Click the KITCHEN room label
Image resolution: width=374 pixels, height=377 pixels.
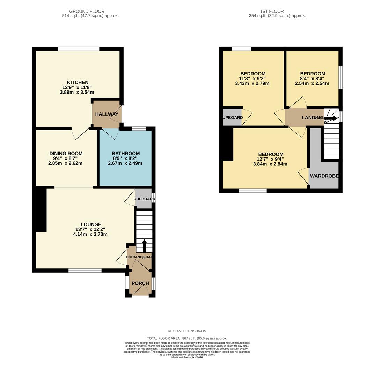(x=78, y=82)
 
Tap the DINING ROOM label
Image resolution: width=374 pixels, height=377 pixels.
(x=66, y=153)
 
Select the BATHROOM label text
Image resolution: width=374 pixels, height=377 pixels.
(x=125, y=153)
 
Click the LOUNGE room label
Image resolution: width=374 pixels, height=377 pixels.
(x=91, y=224)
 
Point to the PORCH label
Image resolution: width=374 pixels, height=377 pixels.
(x=140, y=283)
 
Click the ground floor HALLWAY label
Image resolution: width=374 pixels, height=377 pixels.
(x=107, y=114)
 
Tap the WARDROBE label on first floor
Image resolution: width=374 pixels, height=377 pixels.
(x=324, y=176)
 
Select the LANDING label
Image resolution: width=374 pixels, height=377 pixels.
(x=312, y=118)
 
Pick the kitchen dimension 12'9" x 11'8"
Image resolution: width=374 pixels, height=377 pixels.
(x=77, y=87)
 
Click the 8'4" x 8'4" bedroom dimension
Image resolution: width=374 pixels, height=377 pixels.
(x=312, y=79)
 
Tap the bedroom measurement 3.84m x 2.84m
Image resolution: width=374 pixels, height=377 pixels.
(x=270, y=164)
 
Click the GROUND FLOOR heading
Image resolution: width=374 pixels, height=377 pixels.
(x=87, y=11)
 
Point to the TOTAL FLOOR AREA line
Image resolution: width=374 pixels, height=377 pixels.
(x=187, y=338)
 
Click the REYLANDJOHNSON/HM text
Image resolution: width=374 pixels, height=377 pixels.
(x=187, y=331)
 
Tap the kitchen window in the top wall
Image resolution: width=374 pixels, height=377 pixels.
(x=79, y=49)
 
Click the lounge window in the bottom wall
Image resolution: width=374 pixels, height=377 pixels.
(x=85, y=271)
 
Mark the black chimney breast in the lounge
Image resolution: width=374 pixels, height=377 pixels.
(x=41, y=209)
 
